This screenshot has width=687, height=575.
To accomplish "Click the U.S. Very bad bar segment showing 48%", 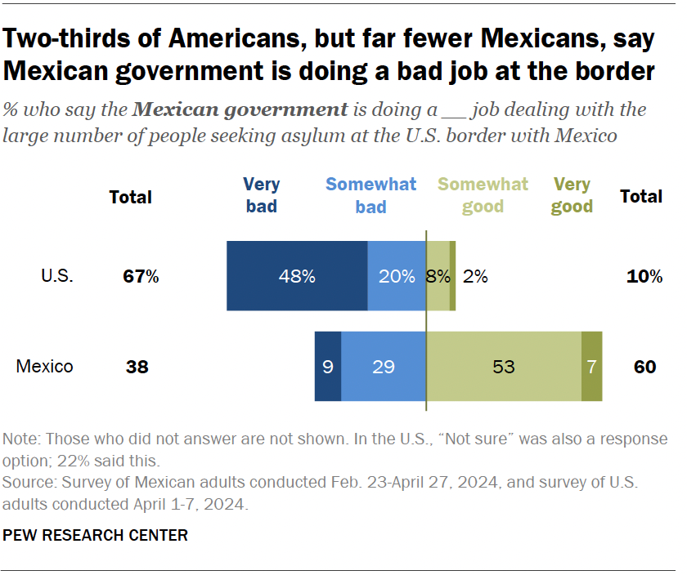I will [x=297, y=276].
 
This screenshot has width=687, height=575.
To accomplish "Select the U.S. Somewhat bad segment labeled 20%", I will [x=396, y=276].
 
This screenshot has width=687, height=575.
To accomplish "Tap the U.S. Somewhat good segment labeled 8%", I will [x=438, y=276].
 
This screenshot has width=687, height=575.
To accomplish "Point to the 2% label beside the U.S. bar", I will [x=475, y=276].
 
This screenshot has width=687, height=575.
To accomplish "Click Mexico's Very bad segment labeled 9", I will [x=327, y=367].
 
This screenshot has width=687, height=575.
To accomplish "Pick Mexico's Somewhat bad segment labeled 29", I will [x=383, y=367].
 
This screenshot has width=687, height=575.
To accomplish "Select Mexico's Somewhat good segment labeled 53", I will [x=504, y=367].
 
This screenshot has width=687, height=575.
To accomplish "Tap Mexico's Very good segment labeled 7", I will [x=591, y=367].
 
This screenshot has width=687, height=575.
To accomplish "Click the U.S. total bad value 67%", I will [x=141, y=277].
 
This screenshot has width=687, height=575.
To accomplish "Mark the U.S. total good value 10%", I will [x=645, y=277].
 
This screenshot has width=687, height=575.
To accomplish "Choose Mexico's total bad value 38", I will [x=137, y=367].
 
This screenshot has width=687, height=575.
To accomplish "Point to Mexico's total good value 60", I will [x=645, y=367].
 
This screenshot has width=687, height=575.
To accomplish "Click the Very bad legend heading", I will [x=262, y=195].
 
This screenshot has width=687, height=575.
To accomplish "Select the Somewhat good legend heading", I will [x=483, y=195].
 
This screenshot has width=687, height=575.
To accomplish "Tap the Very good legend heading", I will [x=572, y=195].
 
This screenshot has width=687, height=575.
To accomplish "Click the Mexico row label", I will [x=45, y=367].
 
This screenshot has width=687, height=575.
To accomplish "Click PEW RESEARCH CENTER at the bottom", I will [x=96, y=536].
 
